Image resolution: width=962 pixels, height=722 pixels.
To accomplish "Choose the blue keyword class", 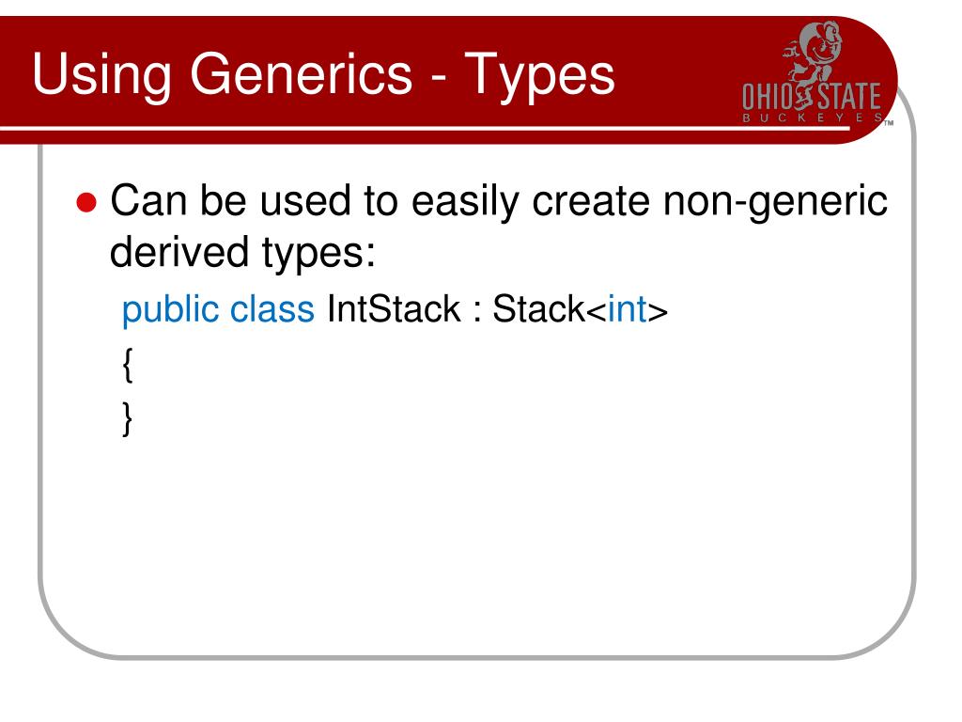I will click(272, 309).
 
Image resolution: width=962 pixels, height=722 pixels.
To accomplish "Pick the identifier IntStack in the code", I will click(394, 309).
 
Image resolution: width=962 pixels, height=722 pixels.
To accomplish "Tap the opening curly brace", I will click(128, 365).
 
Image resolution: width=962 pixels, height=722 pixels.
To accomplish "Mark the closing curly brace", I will click(128, 418).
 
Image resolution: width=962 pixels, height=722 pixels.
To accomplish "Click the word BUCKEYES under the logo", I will click(814, 119).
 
